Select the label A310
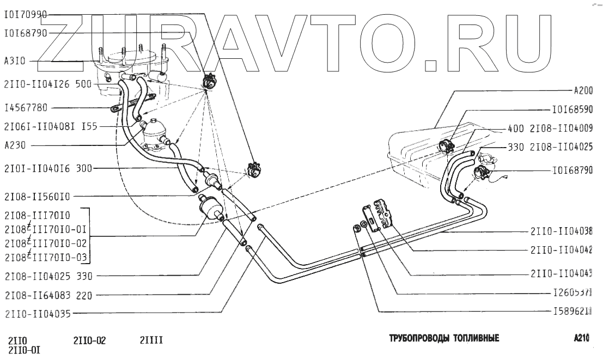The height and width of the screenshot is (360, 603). (x=15, y=62)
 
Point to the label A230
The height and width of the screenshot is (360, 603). (x=15, y=145)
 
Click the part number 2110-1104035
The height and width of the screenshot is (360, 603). (x=36, y=314)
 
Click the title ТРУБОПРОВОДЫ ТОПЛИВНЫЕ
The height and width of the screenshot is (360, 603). (x=443, y=338)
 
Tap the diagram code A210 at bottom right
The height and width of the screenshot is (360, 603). (x=582, y=338)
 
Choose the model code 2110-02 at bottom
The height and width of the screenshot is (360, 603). (x=89, y=341)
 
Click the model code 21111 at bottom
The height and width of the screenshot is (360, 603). (x=151, y=341)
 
